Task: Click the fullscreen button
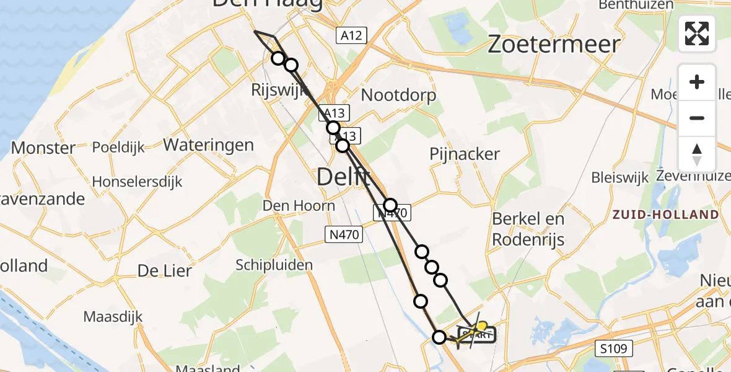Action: click(697, 33)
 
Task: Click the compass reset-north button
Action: click(697, 154)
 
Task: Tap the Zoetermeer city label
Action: click(554, 45)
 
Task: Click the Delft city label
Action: click(344, 178)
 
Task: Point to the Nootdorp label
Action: click(398, 95)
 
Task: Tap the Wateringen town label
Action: click(208, 145)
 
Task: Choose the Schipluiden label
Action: click(274, 265)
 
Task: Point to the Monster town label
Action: click(43, 148)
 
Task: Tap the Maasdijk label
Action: click(113, 317)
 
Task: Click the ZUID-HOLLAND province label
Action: click(665, 215)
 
